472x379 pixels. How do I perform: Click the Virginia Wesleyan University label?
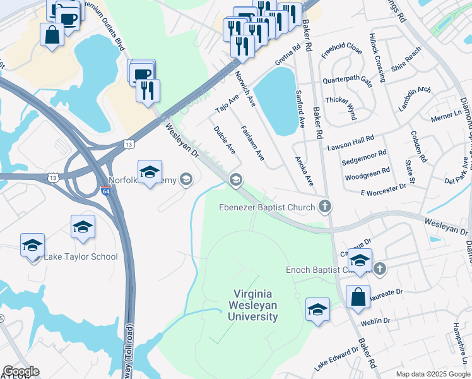tap(256, 305)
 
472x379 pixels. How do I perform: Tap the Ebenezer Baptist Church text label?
tap(268, 207)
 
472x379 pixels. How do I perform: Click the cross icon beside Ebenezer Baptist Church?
tap(324, 206)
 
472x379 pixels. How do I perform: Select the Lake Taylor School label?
tap(80, 256)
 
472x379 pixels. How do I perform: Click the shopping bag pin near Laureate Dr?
tap(358, 298)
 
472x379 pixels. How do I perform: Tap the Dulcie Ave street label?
tap(225, 140)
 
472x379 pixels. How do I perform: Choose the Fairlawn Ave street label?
tap(252, 143)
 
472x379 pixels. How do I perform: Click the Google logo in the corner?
tap(21, 371)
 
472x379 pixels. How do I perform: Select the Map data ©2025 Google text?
tap(433, 374)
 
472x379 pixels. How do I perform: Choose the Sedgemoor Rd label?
tap(366, 159)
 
